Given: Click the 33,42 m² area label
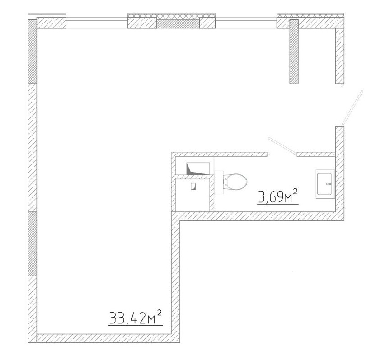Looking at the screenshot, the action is click(136, 318).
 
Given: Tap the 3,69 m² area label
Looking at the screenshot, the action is click(277, 196).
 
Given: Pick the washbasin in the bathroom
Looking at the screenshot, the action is click(325, 184).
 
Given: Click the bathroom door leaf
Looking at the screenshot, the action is click(282, 145).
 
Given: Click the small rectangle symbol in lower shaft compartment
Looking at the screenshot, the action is click(193, 186).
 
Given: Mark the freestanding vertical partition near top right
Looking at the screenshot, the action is click(294, 51).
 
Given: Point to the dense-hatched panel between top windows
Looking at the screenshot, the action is click(178, 24).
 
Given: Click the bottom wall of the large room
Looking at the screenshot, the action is click(104, 338).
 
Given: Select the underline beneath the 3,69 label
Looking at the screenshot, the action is click(277, 203).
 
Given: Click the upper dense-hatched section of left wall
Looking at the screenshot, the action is click(33, 51).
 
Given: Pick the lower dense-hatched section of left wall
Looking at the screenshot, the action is click(33, 244).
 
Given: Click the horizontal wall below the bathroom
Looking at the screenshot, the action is click(258, 216).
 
